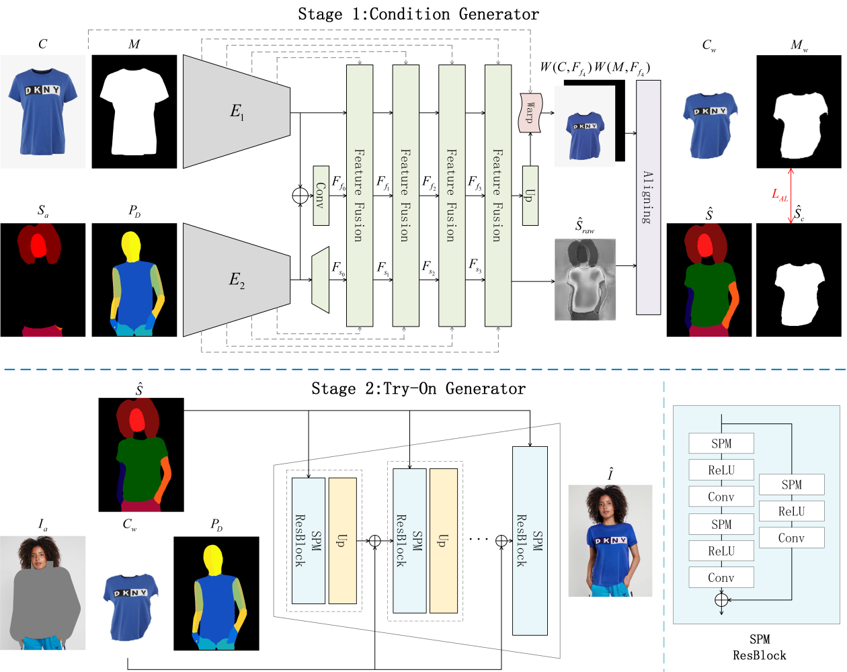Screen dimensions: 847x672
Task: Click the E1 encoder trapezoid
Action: (237, 112)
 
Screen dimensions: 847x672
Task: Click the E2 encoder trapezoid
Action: (237, 280)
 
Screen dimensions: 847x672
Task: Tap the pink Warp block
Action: (530, 113)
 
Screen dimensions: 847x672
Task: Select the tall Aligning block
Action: (648, 198)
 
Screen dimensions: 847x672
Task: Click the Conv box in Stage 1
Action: (321, 196)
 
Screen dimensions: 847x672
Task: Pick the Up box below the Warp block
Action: (530, 196)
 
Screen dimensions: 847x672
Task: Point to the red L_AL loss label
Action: (779, 194)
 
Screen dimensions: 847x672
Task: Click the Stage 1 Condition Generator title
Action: (418, 14)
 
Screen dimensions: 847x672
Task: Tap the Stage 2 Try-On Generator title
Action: (418, 388)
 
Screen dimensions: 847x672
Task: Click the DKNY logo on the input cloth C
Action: (42, 91)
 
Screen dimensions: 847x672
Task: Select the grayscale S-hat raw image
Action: (585, 280)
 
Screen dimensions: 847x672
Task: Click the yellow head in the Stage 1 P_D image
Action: (131, 247)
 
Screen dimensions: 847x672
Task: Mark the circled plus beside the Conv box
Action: (300, 196)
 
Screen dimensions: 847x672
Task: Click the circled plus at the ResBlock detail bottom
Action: (721, 600)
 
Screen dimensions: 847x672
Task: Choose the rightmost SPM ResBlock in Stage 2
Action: (530, 540)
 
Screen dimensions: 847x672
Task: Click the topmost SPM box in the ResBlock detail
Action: (721, 444)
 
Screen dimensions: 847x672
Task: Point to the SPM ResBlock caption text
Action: (759, 647)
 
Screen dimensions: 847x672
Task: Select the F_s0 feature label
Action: (338, 268)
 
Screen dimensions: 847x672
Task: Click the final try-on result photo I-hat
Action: (610, 540)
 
